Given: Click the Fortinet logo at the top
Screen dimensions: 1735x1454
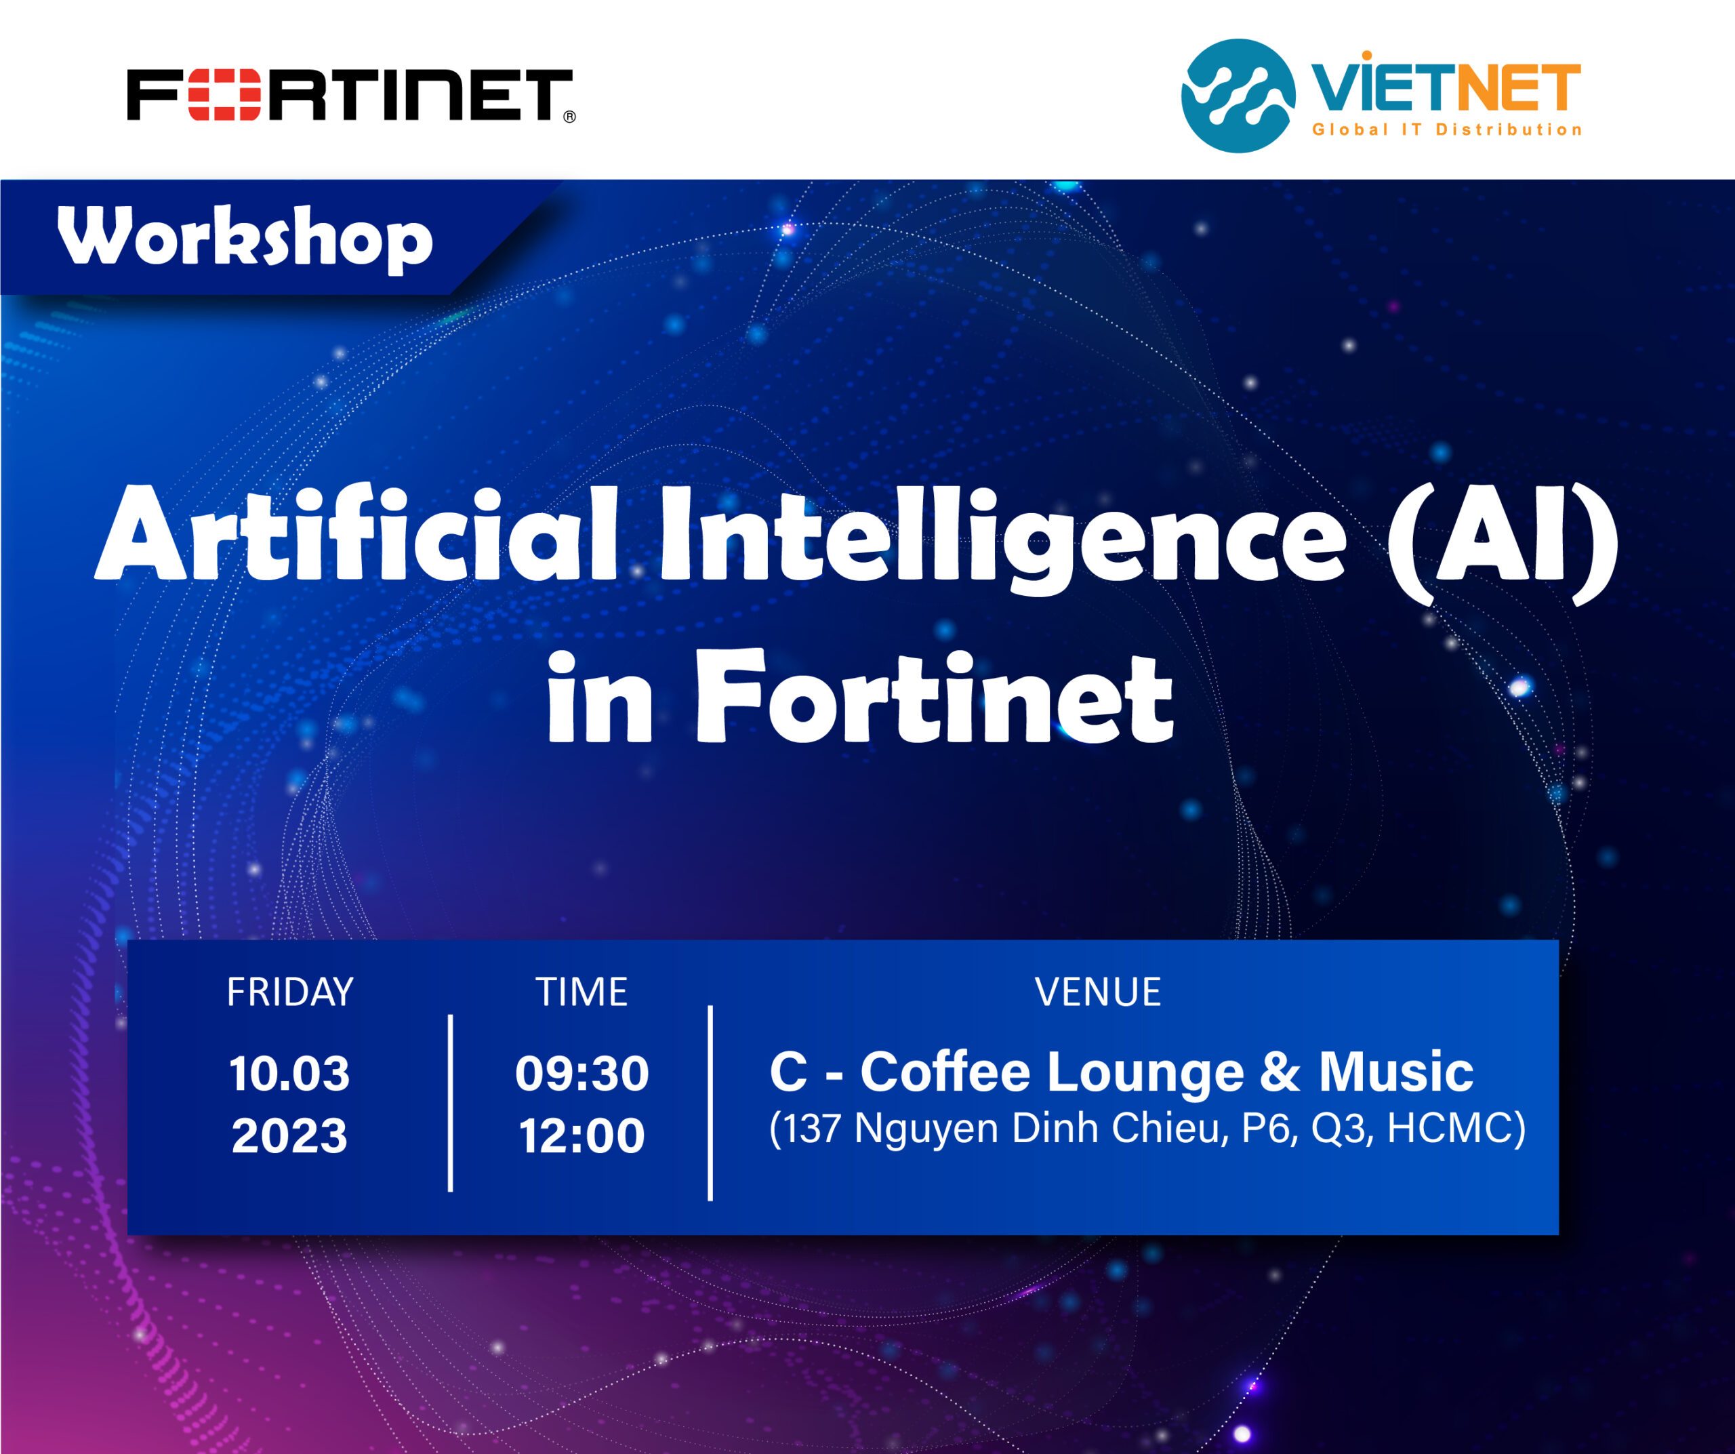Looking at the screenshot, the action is (351, 96).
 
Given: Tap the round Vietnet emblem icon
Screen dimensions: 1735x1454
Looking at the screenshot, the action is (1238, 96).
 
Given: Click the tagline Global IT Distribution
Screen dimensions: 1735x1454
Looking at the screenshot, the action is (1448, 129).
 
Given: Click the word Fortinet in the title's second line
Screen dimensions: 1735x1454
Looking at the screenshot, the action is (935, 695).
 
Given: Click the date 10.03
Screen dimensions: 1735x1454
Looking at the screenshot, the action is (289, 1073).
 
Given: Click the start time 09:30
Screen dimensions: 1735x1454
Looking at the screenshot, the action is (581, 1073).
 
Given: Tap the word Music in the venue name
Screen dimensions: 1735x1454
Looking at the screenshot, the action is (1396, 1072).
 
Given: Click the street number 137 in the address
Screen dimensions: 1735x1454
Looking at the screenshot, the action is (813, 1129).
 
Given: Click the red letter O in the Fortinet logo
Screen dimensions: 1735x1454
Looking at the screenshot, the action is (214, 96).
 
